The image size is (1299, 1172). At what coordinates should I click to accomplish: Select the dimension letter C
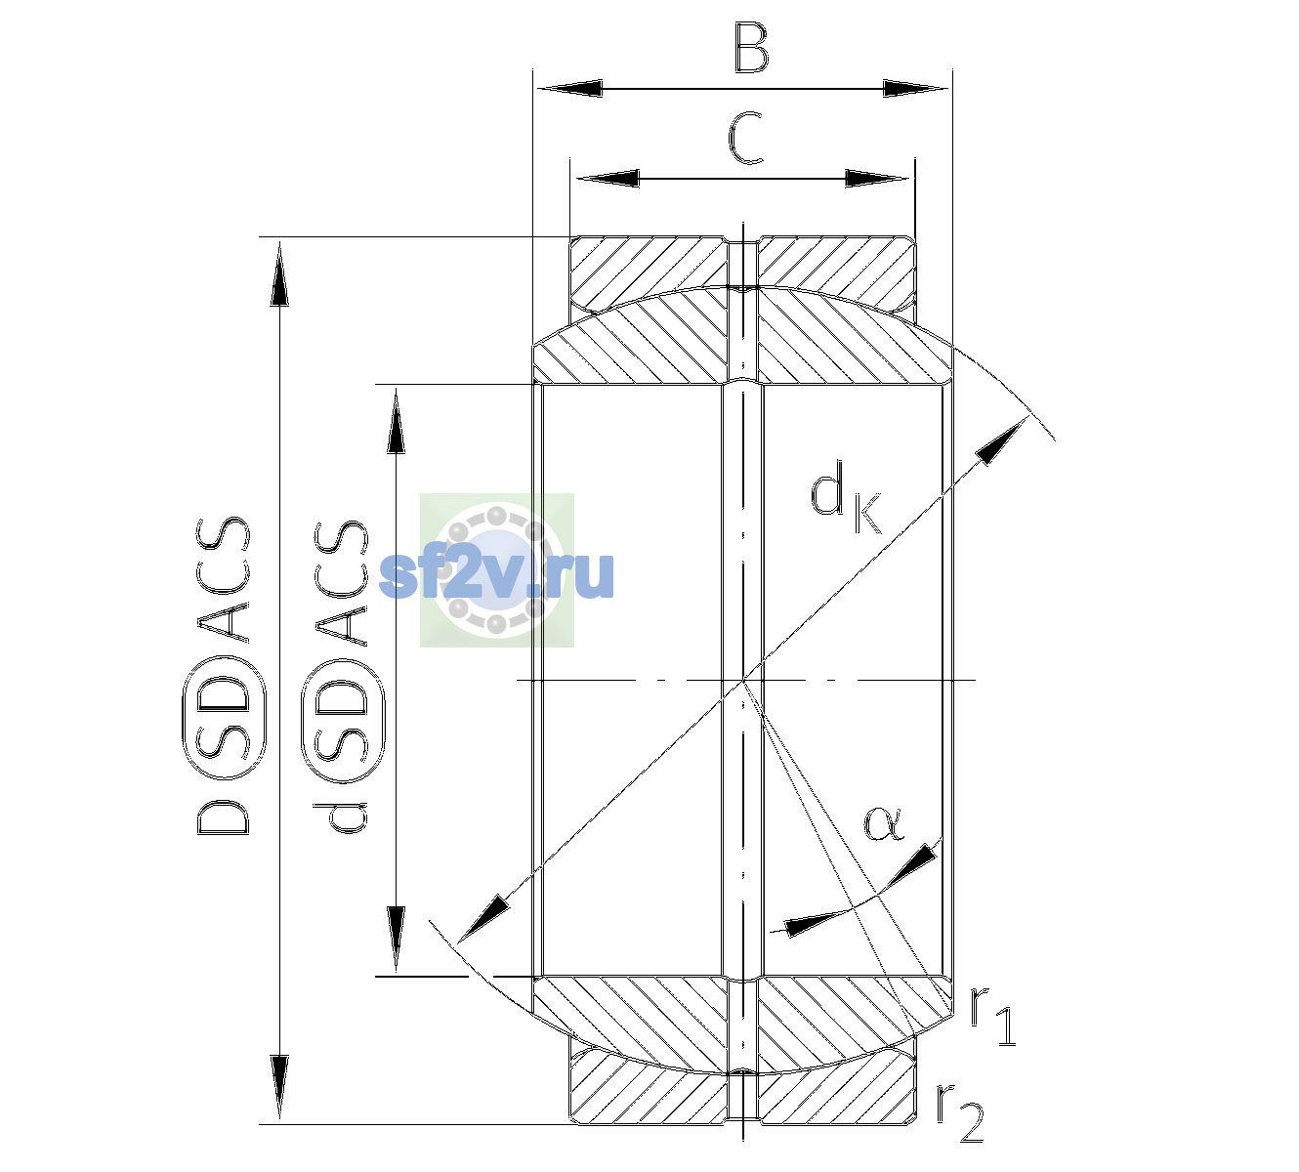746,138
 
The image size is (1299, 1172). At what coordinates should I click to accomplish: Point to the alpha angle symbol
883,823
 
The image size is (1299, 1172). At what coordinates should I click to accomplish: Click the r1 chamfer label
992,1016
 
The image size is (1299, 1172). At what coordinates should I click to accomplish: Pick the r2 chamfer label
960,1112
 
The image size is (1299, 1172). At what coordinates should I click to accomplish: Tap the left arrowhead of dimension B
569,89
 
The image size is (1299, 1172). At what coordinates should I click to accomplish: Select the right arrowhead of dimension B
915,89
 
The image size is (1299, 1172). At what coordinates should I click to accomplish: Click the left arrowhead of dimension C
608,178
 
